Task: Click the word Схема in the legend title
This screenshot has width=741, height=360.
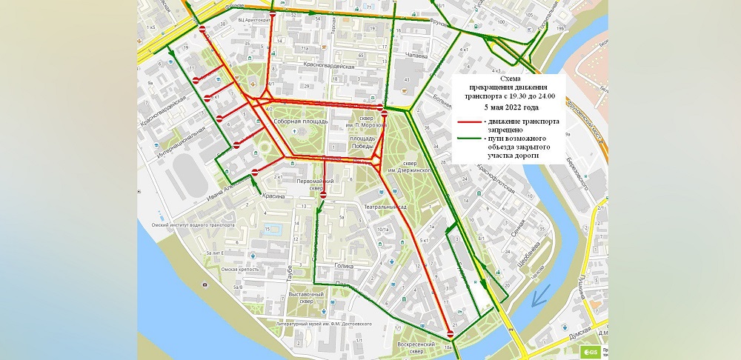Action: click(x=510, y=79)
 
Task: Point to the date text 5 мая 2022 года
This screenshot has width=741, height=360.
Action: click(x=510, y=107)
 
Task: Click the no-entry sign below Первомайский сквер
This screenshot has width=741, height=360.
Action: click(x=322, y=195)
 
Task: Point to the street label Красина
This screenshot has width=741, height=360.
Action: click(x=273, y=196)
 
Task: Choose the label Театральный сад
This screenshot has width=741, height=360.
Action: click(x=382, y=208)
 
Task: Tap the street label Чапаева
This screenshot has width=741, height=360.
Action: click(x=418, y=55)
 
